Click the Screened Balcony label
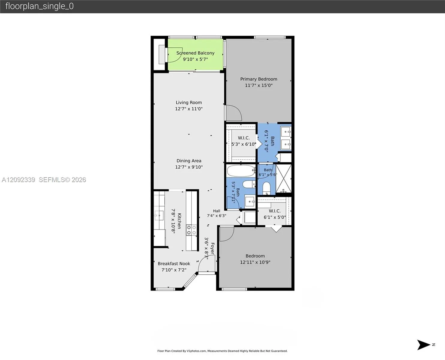pos(195,53)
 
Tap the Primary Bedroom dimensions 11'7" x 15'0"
pos(259,85)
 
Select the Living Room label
pos(189,103)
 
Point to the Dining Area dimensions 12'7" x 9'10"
pos(189,167)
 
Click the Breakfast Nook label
pos(174,264)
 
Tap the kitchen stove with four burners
pos(191,230)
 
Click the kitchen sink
pos(159,215)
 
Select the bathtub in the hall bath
pos(241,171)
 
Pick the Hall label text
pos(217,211)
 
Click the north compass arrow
pos(423,344)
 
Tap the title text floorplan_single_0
pos(40,6)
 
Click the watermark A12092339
pos(18,180)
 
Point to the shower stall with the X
pos(283,178)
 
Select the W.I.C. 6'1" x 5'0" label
pos(274,214)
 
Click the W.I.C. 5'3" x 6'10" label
pos(244,141)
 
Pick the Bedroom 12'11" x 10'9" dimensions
pos(255,262)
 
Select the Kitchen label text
pos(179,221)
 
